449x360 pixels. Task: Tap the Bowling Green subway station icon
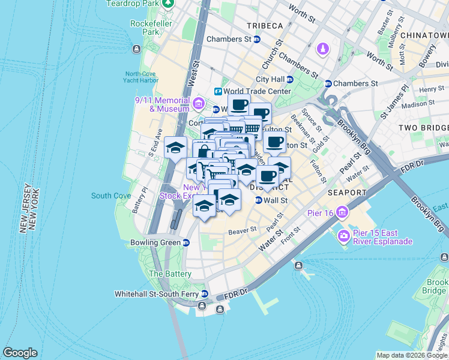point(186,243)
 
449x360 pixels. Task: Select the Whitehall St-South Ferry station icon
point(205,295)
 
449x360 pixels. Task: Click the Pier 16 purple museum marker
point(342,212)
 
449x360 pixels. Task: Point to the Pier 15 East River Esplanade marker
point(344,235)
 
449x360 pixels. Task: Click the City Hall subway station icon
point(289,79)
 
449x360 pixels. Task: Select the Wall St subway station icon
point(258,200)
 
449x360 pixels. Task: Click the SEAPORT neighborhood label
point(347,193)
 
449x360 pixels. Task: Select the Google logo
point(20,353)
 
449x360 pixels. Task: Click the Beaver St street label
point(242,230)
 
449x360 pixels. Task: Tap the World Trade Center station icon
point(218,91)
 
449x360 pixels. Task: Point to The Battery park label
point(170,274)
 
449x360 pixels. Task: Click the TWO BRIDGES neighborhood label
point(424,128)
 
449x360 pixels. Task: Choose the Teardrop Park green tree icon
point(169,3)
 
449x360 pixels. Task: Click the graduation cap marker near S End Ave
point(175,147)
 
